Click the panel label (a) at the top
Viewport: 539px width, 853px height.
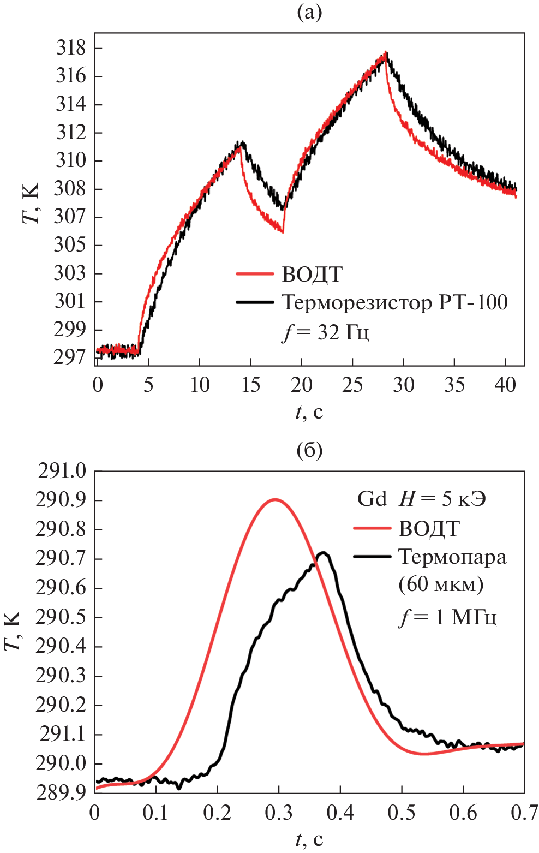[x=309, y=12]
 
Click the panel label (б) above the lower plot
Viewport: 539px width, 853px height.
[x=309, y=450]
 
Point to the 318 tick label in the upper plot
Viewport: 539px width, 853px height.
[x=71, y=48]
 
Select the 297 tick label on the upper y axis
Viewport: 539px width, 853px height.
[x=70, y=357]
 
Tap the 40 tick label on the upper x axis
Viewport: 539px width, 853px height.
[x=505, y=385]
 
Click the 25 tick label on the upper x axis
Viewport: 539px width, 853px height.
[x=352, y=385]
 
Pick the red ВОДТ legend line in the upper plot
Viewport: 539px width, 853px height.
[x=255, y=274]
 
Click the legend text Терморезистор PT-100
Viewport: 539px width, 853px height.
[x=394, y=302]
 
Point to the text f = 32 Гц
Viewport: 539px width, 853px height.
[x=326, y=332]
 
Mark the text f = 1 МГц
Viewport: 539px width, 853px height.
[x=447, y=617]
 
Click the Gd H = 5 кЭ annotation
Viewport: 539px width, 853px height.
[x=421, y=499]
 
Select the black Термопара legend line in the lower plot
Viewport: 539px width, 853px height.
[x=373, y=557]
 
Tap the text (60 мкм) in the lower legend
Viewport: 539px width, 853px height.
[x=441, y=584]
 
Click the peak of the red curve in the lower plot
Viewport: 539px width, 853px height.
[x=275, y=499]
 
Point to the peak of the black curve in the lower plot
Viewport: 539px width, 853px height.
[x=323, y=553]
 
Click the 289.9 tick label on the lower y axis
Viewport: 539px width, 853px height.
[x=61, y=793]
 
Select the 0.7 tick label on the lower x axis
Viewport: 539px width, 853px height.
[x=524, y=813]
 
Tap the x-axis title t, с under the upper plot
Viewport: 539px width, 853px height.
[x=309, y=412]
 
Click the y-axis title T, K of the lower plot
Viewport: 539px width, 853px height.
[x=13, y=631]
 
